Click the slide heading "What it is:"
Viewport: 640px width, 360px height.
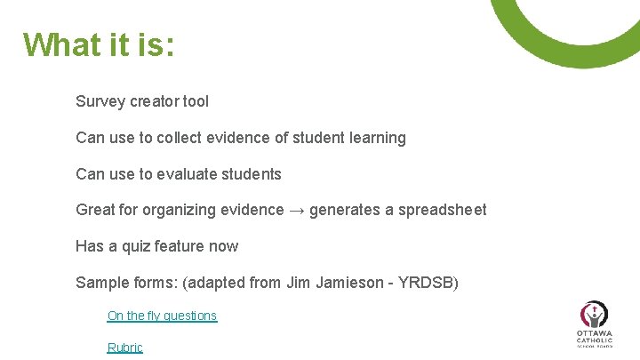pos(99,44)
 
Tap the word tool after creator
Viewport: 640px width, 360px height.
pos(196,101)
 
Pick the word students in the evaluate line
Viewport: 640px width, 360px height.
pos(253,174)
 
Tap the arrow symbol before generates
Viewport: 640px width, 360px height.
pos(298,211)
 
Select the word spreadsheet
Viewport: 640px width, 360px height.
pos(442,211)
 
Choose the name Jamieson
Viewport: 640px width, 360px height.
pos(354,284)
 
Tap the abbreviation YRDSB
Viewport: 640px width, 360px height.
pos(428,284)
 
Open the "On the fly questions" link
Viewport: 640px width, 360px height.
pos(162,316)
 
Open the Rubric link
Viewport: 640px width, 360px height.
pos(124,348)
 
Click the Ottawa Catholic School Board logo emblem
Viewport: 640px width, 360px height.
pos(594,315)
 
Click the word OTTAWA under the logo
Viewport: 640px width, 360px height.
pos(594,333)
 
